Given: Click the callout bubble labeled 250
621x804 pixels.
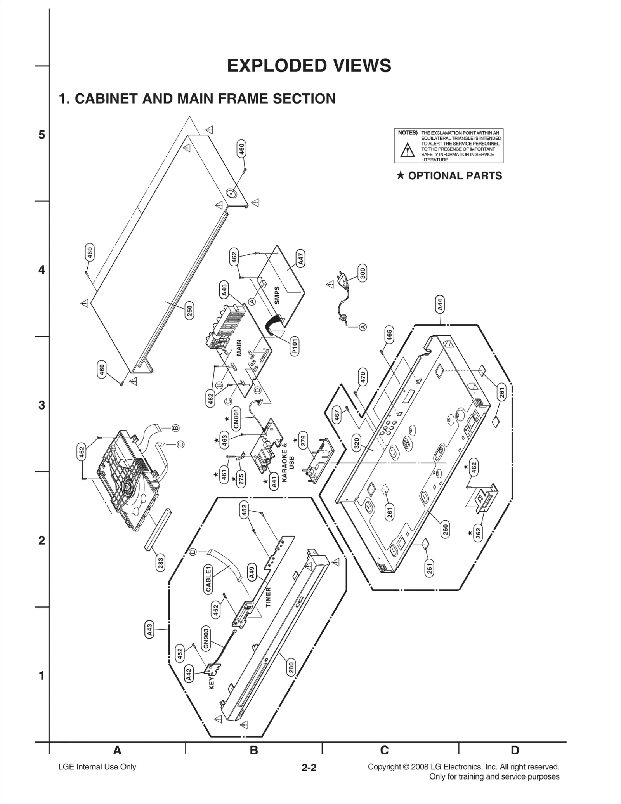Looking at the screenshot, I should tap(189, 311).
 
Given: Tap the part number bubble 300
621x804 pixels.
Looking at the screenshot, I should tap(363, 273).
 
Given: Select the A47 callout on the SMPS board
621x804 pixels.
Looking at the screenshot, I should tap(301, 258).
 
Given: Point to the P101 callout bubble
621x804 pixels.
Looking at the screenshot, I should tap(295, 346).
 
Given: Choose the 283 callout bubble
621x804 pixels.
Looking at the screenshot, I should tap(160, 562).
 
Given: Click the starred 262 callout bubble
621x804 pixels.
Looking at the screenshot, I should tap(478, 533).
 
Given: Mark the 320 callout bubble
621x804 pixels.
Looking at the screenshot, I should tap(357, 443).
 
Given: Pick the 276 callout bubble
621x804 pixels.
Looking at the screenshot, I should tap(304, 440).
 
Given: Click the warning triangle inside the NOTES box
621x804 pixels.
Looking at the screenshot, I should tap(407, 149).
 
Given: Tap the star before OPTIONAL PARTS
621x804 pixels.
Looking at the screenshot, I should tap(401, 175).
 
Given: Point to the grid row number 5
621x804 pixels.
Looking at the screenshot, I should tap(42, 135).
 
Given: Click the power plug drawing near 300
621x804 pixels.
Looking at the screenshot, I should tap(343, 279).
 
